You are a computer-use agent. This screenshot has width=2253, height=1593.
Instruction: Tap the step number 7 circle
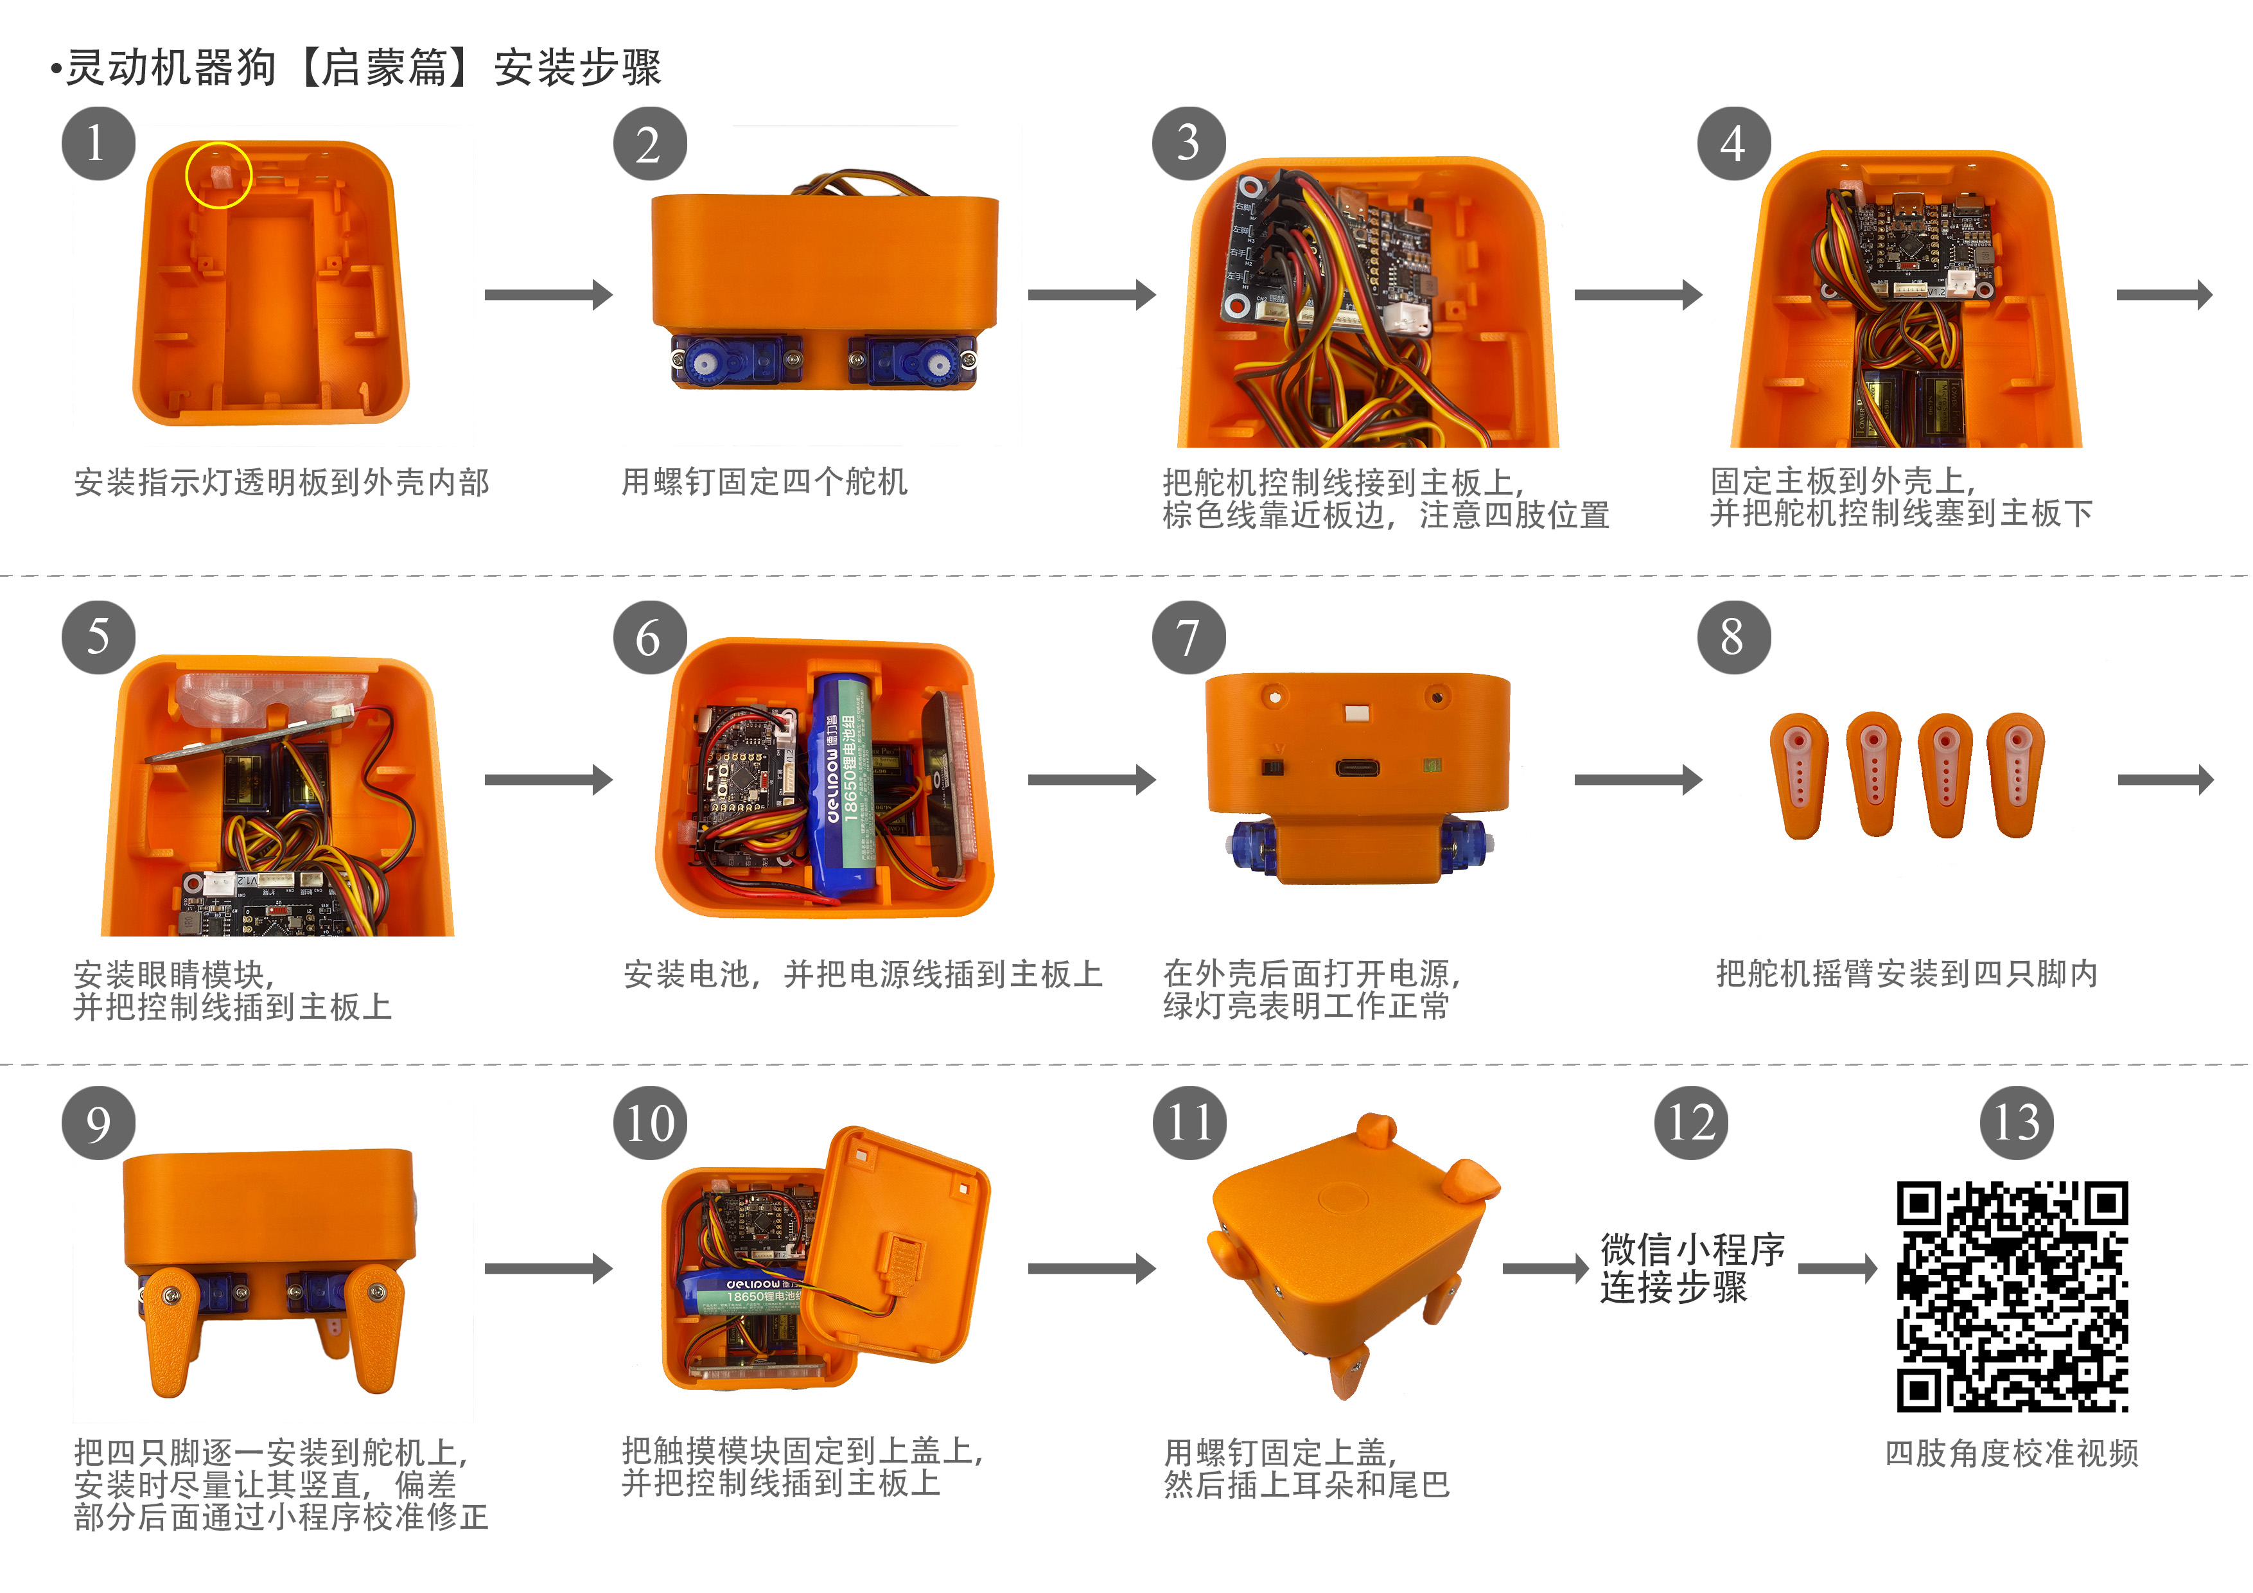pos(1188,638)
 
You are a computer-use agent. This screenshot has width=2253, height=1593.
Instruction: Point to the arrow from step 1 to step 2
pos(548,294)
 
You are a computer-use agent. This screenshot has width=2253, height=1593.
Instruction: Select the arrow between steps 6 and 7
pos(1091,780)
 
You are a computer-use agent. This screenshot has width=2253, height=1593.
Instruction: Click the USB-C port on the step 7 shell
pos(1357,768)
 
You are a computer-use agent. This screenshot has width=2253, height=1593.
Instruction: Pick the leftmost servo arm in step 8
pos(1800,775)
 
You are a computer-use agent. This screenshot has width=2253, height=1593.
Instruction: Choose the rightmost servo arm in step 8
pos(2017,775)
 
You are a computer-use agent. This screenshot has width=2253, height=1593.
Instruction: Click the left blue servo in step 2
pos(736,361)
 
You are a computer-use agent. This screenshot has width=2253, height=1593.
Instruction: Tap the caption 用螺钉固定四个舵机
pos(764,482)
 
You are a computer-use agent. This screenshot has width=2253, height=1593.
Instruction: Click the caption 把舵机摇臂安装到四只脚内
pos(1907,974)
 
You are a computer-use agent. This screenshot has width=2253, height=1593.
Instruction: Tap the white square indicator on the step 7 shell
pos(1356,712)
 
